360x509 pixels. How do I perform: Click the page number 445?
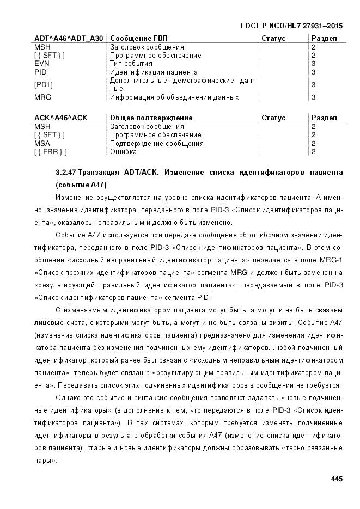336,479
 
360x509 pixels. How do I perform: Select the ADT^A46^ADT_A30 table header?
68,39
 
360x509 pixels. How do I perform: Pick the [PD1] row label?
43,84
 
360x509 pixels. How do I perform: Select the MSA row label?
42,143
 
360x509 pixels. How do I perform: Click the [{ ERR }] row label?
50,151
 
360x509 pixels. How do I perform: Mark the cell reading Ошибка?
123,151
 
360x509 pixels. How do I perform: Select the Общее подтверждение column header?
151,118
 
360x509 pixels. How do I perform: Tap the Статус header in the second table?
273,118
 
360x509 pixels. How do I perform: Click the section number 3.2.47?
66,173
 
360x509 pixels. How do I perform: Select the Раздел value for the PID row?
313,71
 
